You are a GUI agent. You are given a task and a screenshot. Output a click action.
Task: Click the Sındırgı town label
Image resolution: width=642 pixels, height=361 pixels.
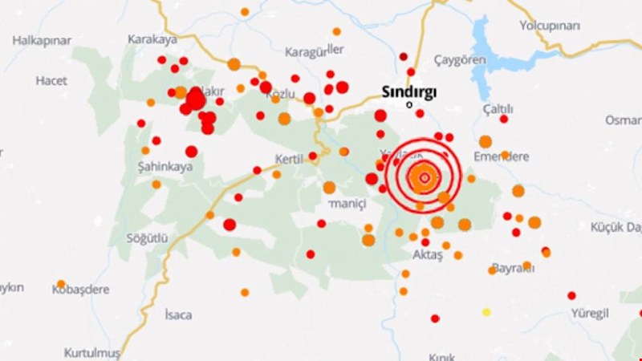pos(408,91)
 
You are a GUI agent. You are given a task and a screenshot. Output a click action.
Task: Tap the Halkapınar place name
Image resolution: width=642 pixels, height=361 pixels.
pos(42,40)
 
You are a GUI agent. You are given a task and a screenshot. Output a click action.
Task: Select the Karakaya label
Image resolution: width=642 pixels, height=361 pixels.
pos(152,39)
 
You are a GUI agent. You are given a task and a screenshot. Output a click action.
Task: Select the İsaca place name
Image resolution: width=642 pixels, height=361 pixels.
pos(177,314)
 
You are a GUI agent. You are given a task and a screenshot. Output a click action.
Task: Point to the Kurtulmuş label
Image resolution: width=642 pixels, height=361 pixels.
pos(91,353)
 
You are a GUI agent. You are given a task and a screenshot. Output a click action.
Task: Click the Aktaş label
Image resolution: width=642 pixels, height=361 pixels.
pos(427,254)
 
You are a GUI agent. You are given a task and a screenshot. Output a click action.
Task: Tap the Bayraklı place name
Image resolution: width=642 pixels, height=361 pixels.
pos(513,267)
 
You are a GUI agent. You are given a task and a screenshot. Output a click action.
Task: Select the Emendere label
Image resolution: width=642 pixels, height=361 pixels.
pos(502,156)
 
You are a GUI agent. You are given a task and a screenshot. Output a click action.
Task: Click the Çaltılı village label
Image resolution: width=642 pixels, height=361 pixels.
pos(498,108)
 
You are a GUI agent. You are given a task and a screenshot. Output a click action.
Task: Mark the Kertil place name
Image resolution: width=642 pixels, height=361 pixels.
pos(288,159)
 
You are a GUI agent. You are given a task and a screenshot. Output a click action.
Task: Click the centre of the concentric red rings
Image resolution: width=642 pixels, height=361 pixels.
pos(424,177)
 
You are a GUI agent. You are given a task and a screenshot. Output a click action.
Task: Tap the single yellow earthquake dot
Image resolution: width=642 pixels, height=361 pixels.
pos(486,311)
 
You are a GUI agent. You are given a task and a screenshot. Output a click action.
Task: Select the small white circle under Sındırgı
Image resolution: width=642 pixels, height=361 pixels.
pos(409,104)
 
